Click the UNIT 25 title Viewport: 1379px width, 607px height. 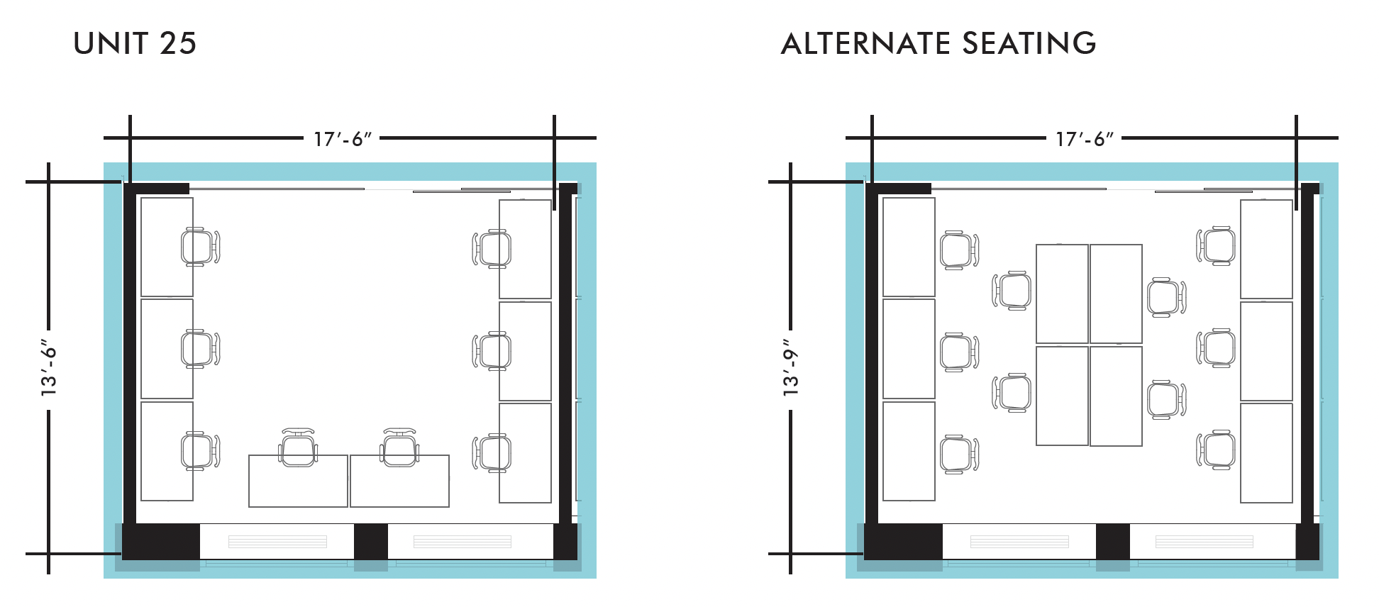(135, 44)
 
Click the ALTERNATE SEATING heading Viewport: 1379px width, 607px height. (938, 44)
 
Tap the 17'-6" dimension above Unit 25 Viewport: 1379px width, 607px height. (343, 139)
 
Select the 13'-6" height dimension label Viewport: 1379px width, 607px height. (48, 369)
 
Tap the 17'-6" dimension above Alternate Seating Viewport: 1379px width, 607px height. (1085, 139)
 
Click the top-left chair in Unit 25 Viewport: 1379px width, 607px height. (199, 247)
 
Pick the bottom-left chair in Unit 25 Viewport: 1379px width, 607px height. (199, 451)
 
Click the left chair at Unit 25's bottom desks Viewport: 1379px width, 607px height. (298, 448)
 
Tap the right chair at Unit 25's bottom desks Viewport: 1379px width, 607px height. (400, 448)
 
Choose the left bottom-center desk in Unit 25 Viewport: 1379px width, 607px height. (298, 481)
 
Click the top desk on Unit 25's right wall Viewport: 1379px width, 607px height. (525, 249)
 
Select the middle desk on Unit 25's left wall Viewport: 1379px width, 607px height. (167, 349)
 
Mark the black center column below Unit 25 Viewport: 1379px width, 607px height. (370, 542)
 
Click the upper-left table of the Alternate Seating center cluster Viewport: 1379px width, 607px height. (1062, 294)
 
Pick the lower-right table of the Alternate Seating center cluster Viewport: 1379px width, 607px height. (1116, 396)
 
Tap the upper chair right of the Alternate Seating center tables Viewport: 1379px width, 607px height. (1165, 297)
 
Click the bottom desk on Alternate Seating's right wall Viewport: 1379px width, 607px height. (1266, 452)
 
